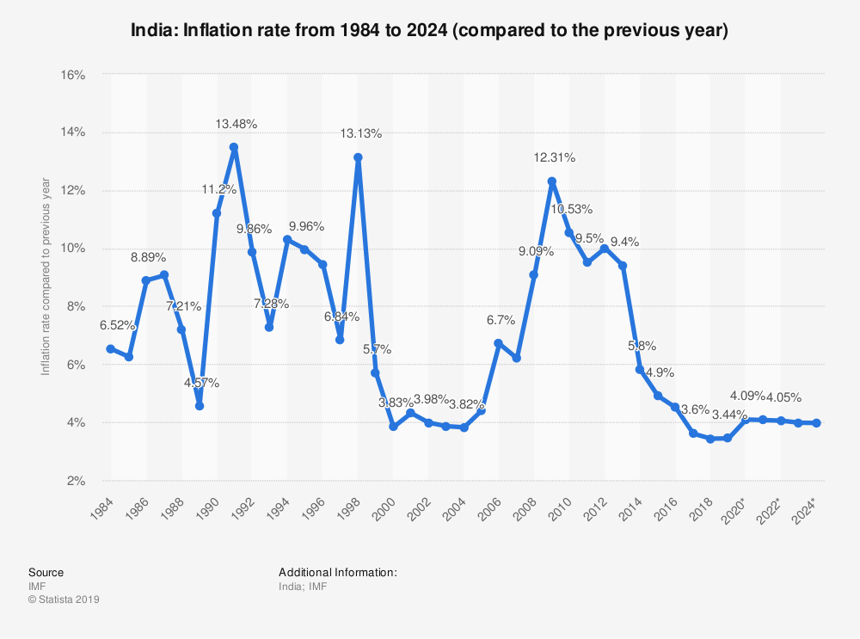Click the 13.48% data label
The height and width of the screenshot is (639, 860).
point(236,124)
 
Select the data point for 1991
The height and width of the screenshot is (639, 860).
point(234,147)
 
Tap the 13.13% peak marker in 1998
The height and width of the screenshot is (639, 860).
point(358,157)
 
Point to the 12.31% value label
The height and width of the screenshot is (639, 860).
point(555,157)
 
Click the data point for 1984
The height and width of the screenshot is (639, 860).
point(110,348)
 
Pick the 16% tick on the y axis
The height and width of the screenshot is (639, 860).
point(72,75)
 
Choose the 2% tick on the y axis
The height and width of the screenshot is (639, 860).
point(75,481)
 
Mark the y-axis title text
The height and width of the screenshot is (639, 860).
point(46,277)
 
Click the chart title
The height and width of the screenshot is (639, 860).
point(430,31)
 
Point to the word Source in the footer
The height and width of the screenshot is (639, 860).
point(46,572)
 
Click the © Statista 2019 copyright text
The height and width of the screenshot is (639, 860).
point(64,599)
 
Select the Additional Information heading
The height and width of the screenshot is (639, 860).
point(338,572)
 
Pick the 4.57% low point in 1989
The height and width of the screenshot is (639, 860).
point(200,405)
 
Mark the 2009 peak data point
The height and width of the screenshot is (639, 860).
point(552,181)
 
